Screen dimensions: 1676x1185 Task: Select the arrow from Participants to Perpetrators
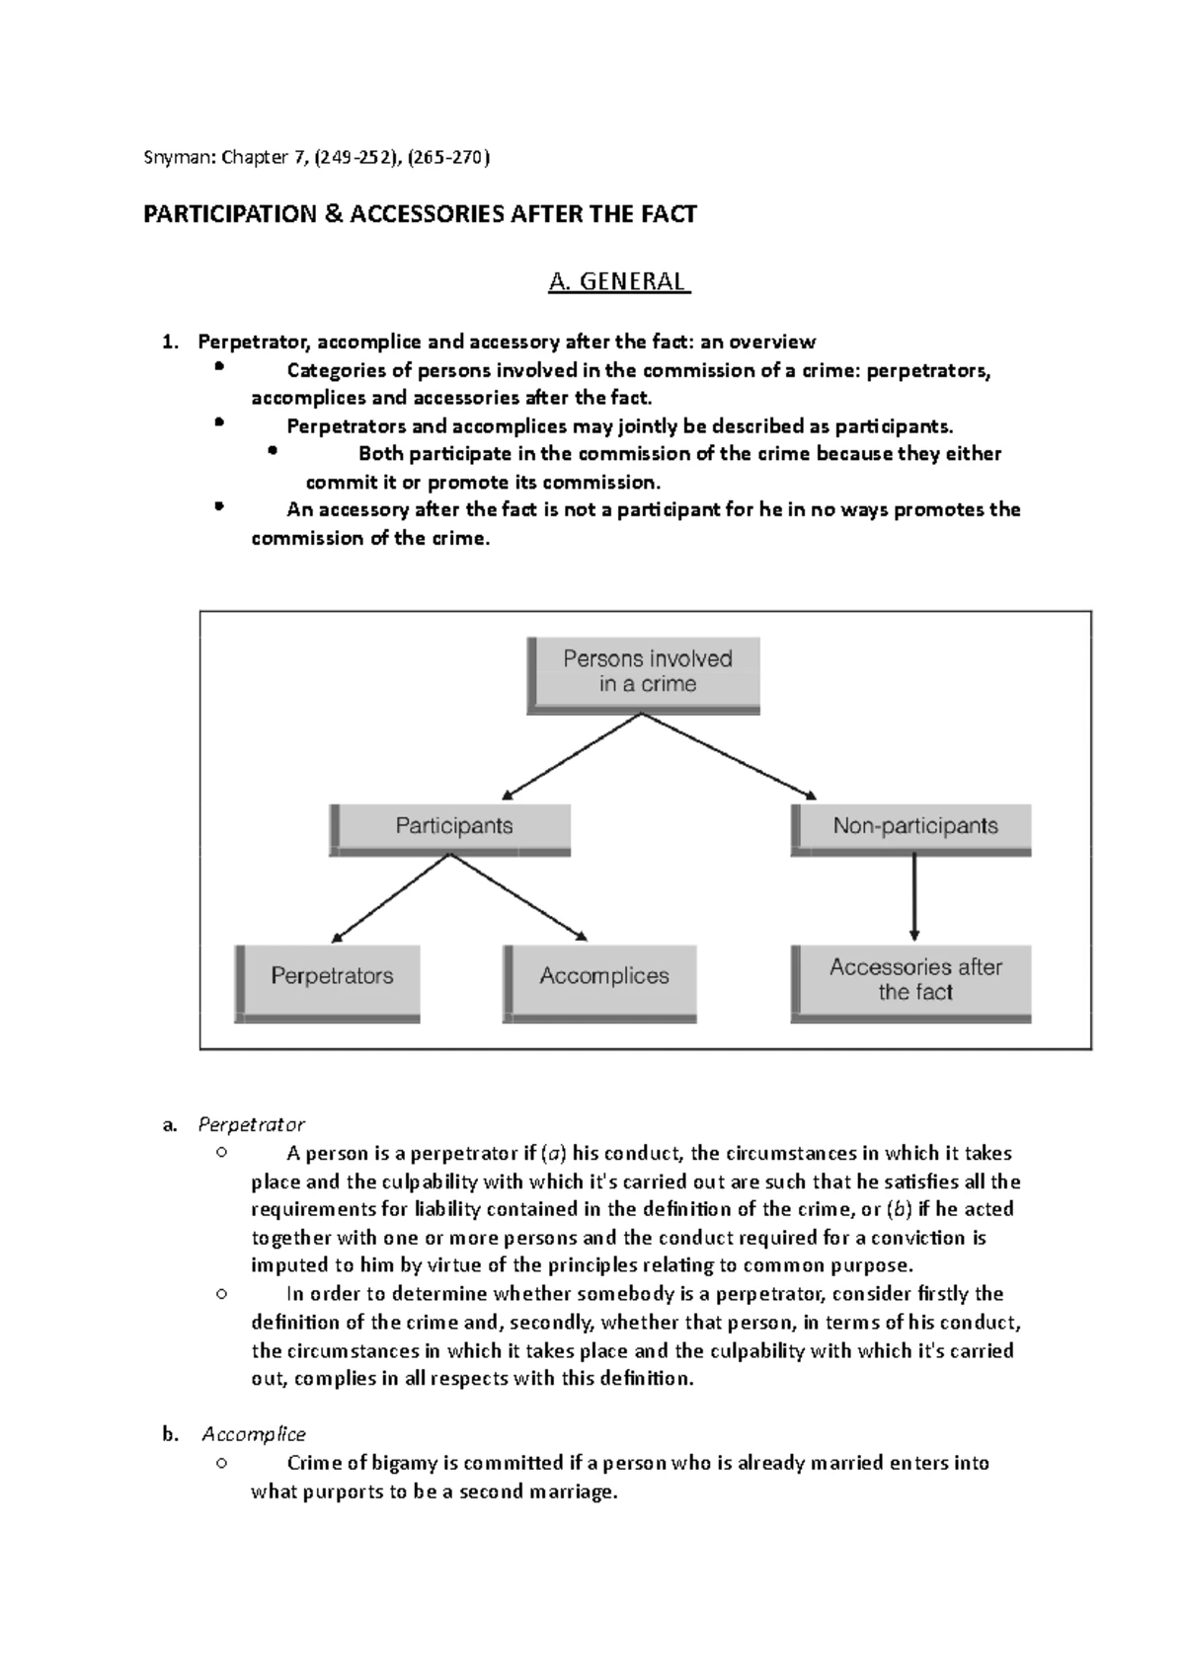pos(391,896)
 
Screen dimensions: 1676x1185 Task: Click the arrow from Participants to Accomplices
pos(519,896)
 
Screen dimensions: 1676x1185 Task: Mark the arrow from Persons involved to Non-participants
pos(731,756)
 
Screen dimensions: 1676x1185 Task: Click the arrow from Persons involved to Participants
pos(573,756)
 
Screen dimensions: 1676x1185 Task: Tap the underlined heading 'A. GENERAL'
pos(618,282)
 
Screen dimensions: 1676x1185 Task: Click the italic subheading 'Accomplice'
pos(254,1434)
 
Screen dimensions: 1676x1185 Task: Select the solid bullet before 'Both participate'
pos(274,453)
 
